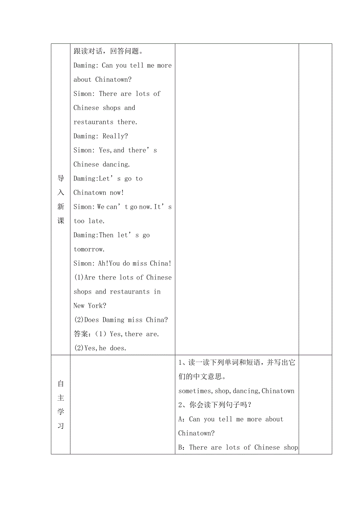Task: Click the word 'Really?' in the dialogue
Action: click(115, 136)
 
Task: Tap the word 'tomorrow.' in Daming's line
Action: click(89, 249)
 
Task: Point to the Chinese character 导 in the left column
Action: click(61, 179)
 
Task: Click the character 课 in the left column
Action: click(61, 221)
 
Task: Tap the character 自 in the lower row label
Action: click(61, 384)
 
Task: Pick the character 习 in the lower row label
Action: click(61, 426)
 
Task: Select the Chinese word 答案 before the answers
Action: click(82, 334)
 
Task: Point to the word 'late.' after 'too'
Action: click(96, 221)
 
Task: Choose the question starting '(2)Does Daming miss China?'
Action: click(121, 320)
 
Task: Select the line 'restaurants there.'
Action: click(105, 122)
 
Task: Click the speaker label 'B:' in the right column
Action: click(182, 448)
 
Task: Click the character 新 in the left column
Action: click(61, 207)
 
